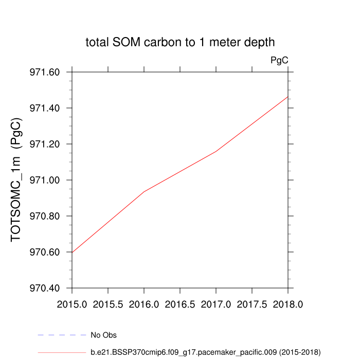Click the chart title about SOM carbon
[180, 43]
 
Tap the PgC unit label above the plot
[279, 60]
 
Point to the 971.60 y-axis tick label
[45, 73]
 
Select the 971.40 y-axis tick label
[45, 109]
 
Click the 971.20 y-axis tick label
[45, 145]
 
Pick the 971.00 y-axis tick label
[45, 181]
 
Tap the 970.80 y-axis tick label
[45, 217]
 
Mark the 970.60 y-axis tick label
[45, 253]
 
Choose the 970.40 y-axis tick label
[45, 289]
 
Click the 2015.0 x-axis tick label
[72, 304]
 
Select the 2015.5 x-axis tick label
[108, 304]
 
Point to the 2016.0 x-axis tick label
[144, 304]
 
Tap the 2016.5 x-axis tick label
[180, 304]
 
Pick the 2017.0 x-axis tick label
[216, 304]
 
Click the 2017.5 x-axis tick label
[252, 304]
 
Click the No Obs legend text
[103, 335]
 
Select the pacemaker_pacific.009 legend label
[206, 352]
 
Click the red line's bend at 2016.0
[144, 191]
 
